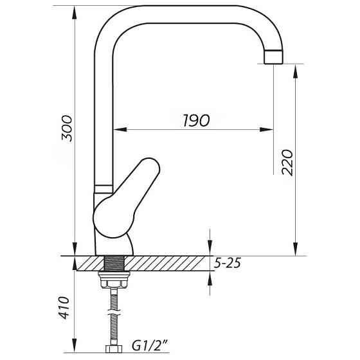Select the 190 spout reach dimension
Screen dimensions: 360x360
point(194,121)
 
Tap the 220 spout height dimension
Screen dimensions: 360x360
point(287,162)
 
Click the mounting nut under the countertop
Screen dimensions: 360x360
point(114,279)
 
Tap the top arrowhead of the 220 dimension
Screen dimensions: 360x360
point(295,69)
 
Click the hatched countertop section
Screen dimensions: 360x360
point(167,264)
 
